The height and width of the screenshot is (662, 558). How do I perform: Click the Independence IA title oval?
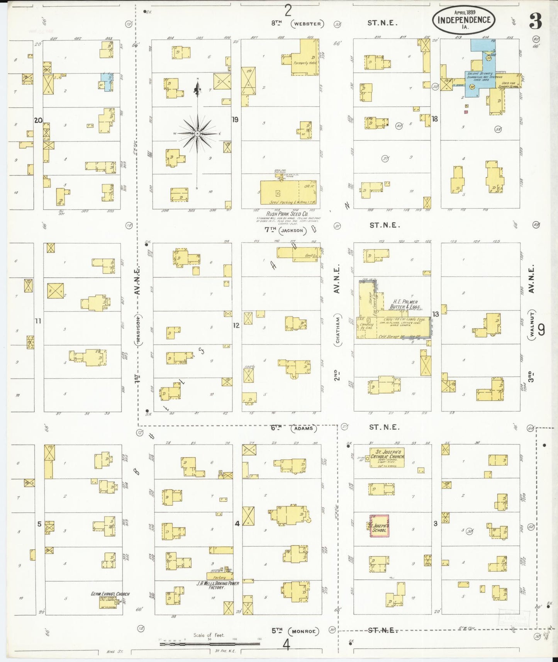click(x=464, y=20)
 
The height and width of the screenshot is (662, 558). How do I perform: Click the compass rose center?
click(x=197, y=133)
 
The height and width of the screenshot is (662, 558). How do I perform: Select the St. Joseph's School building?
click(x=379, y=526)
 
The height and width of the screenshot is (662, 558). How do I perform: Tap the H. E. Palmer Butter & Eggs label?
click(x=405, y=304)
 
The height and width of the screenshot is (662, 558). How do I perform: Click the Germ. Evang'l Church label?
click(x=110, y=594)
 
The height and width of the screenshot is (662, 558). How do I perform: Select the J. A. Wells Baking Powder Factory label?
click(x=217, y=585)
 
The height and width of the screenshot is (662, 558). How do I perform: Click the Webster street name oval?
click(x=307, y=24)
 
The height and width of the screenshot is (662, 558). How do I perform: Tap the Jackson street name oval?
click(x=292, y=231)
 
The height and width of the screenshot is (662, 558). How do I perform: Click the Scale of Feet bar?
click(x=210, y=644)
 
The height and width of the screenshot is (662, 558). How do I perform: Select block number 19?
click(x=235, y=120)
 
